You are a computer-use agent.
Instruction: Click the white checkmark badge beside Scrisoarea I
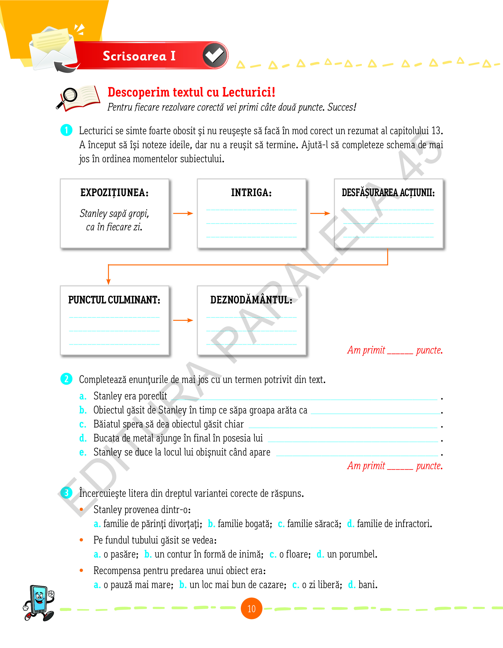point(215,55)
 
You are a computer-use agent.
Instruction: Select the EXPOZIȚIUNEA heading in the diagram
point(114,192)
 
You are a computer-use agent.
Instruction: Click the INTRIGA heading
point(251,192)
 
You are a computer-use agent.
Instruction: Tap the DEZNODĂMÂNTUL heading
point(251,300)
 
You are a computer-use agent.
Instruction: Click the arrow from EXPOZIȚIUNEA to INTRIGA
point(183,213)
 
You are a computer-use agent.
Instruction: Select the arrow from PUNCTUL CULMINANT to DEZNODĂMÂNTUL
point(183,320)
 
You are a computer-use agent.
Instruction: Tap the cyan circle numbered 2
point(66,379)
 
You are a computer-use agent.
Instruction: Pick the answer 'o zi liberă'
point(321,585)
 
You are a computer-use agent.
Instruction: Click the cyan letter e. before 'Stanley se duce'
point(83,452)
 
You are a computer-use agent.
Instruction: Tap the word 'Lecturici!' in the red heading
point(249,92)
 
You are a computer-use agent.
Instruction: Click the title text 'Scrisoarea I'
point(139,56)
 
